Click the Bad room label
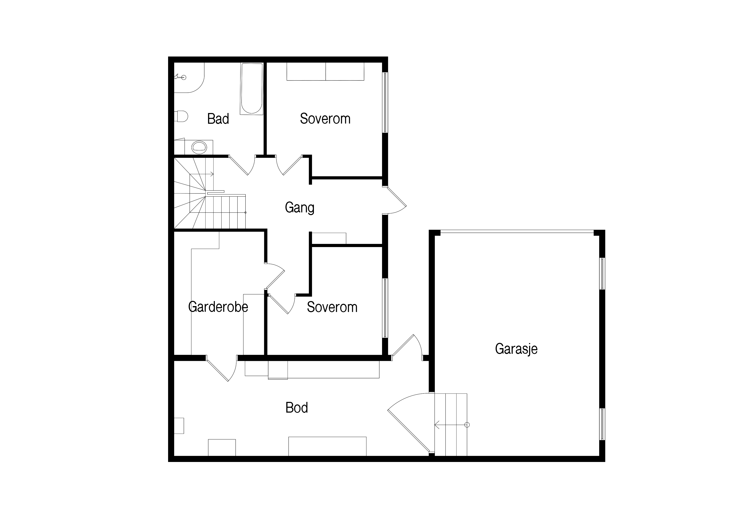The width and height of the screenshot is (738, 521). (x=218, y=119)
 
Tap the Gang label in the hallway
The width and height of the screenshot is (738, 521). (x=300, y=208)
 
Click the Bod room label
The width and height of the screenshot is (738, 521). (x=297, y=408)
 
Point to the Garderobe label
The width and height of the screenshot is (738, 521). (x=218, y=307)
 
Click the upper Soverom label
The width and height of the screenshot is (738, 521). (x=325, y=119)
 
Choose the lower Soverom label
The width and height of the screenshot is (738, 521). (x=332, y=307)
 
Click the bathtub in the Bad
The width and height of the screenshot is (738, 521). (x=252, y=89)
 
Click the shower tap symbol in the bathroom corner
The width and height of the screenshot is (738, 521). (x=180, y=77)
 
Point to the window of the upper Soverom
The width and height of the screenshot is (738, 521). (x=385, y=102)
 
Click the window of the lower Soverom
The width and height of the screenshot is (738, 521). (x=385, y=308)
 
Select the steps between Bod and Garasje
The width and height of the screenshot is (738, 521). (x=451, y=425)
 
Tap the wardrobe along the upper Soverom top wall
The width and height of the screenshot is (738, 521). (x=325, y=71)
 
